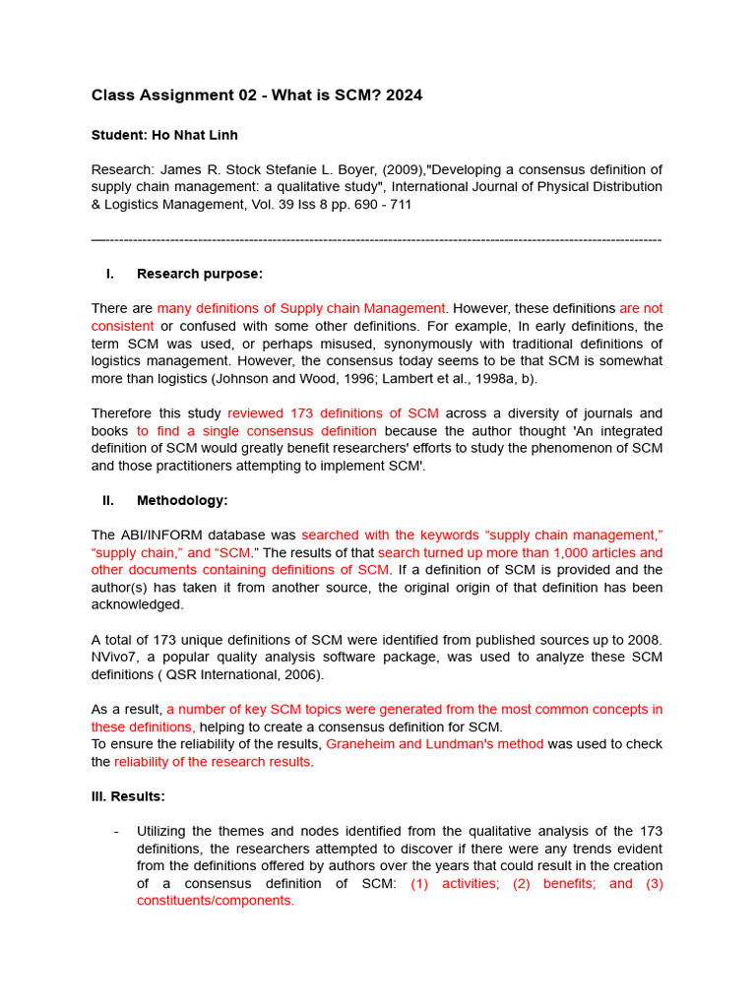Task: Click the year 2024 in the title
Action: pos(405,95)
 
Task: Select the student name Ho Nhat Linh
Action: pos(194,135)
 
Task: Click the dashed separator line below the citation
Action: pos(377,239)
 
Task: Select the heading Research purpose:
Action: pos(200,274)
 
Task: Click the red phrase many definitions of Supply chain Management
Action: pos(301,308)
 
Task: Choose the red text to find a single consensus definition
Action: pos(256,431)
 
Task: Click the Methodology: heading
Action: pos(182,500)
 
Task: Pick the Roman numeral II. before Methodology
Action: pos(108,500)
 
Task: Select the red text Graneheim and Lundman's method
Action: pos(434,744)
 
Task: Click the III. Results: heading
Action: pos(128,795)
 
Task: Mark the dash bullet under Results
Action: pos(116,831)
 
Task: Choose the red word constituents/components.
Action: pos(215,901)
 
